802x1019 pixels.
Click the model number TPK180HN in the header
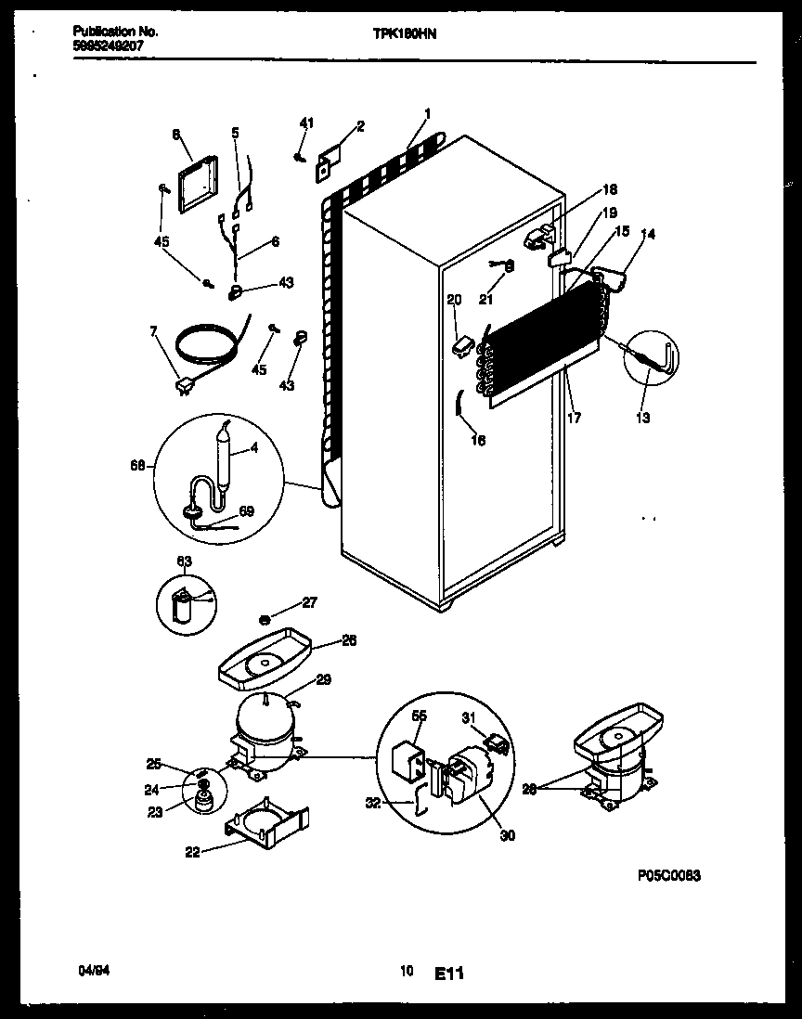[x=405, y=32]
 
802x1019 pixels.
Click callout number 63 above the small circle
[x=184, y=560]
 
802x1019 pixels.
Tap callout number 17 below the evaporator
[x=574, y=419]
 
